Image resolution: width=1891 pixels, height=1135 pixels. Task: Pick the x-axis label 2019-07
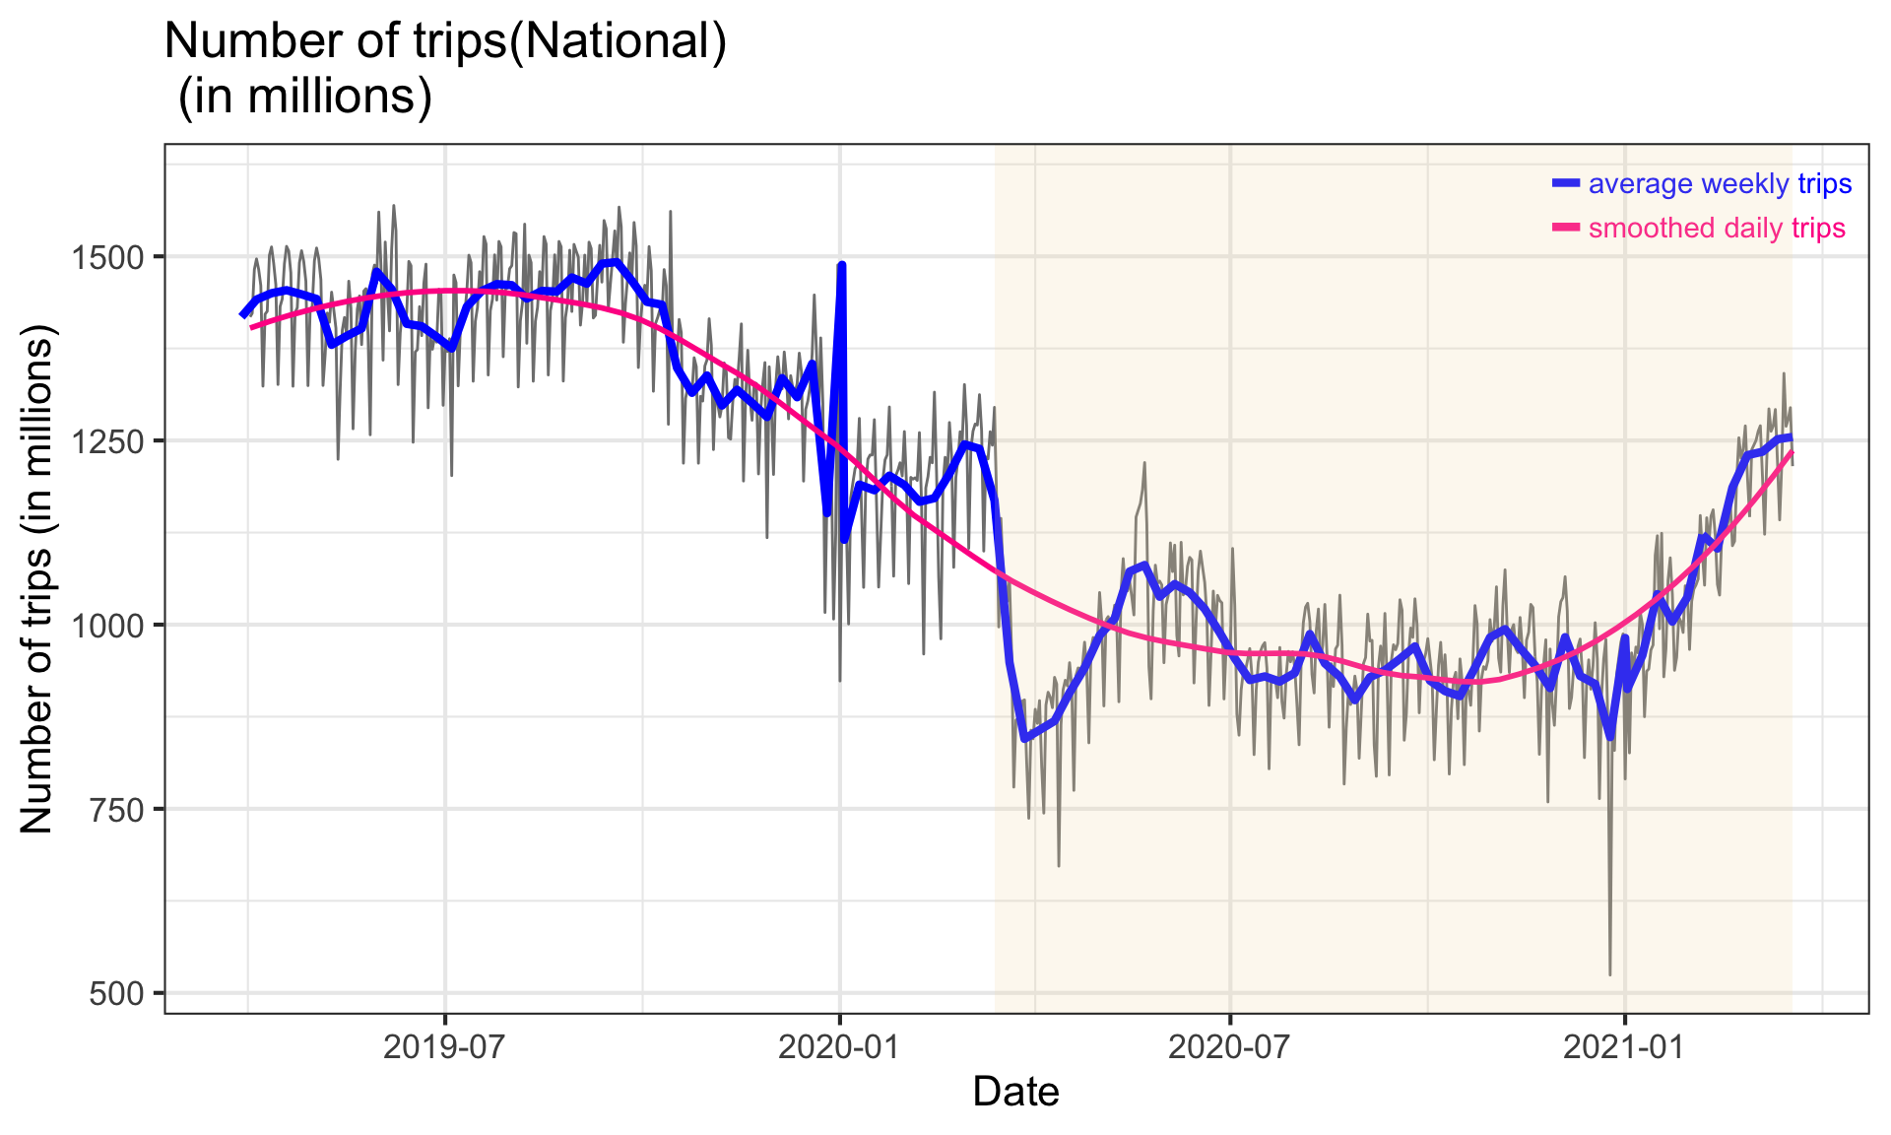point(445,1047)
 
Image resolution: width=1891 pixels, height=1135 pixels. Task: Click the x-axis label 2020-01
point(839,1047)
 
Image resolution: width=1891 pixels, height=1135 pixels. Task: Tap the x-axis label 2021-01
point(1624,1047)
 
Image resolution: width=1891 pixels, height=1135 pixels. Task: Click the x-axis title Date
point(1015,1093)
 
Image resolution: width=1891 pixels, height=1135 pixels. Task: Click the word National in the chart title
point(618,42)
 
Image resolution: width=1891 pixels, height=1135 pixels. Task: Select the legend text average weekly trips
point(1720,184)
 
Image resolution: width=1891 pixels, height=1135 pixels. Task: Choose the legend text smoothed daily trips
point(1717,229)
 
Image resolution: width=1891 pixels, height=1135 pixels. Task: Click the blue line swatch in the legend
point(1566,183)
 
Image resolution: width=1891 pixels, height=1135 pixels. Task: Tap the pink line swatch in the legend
point(1566,228)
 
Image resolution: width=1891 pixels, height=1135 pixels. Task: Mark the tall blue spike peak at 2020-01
point(842,265)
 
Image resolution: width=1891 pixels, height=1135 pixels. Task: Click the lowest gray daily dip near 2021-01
point(1610,973)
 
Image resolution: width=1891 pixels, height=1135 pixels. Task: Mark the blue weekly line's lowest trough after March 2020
point(1024,737)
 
